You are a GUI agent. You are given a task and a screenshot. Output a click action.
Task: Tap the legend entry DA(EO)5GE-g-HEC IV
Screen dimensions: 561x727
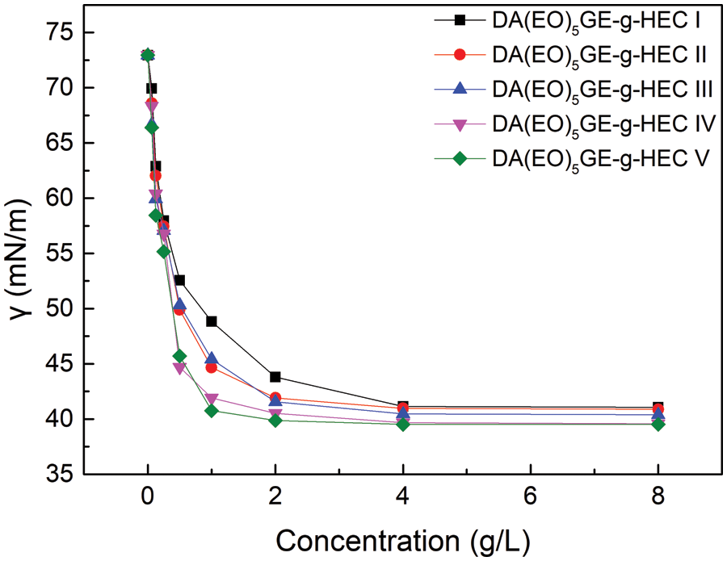(602, 124)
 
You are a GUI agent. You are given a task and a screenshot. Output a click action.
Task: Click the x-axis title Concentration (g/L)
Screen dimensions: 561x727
(402, 538)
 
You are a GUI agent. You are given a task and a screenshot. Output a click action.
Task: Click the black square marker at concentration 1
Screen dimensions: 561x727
(212, 321)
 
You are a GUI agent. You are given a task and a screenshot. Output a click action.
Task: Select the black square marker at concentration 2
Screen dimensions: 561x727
(275, 377)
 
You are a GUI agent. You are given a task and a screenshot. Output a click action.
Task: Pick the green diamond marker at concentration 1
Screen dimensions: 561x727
(212, 411)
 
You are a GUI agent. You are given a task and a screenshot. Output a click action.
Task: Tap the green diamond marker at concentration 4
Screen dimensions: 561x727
(403, 424)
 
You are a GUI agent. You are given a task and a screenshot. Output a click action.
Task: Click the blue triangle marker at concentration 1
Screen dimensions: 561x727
(212, 358)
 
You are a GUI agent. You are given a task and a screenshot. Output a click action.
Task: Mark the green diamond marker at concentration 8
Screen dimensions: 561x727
(658, 424)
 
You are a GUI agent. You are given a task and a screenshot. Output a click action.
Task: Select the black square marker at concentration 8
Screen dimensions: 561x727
(658, 407)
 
